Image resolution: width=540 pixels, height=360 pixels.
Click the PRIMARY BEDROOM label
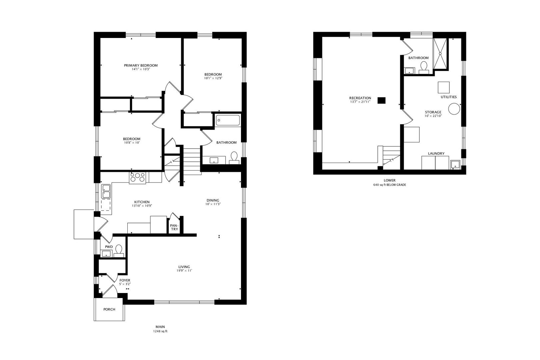[x=141, y=65]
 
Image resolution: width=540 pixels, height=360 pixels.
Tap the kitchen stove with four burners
[x=137, y=178]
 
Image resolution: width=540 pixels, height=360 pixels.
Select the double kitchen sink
[x=106, y=191]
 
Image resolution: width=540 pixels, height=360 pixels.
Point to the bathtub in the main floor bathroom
[x=228, y=120]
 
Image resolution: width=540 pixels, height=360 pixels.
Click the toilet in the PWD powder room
[x=119, y=251]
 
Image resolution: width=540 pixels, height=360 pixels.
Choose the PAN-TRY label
[x=174, y=227]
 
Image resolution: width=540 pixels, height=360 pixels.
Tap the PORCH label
[x=109, y=309]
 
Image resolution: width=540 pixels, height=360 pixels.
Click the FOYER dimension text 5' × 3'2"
[x=125, y=284]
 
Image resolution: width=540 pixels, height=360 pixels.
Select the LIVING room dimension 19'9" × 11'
[x=184, y=271]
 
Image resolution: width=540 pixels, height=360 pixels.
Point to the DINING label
[x=213, y=200]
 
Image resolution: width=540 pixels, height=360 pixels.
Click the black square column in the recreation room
[x=382, y=100]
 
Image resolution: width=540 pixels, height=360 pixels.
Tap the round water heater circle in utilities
[x=454, y=109]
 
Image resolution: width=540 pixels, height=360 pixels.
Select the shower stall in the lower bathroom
[x=440, y=54]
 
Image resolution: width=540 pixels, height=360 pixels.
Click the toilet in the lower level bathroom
[x=424, y=67]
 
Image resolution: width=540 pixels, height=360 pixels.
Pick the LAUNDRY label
[x=436, y=153]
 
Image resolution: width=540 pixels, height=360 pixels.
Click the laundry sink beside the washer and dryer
[x=455, y=165]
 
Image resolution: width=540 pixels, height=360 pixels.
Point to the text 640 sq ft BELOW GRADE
[x=390, y=185]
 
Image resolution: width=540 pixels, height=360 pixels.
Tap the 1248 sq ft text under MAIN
[x=160, y=331]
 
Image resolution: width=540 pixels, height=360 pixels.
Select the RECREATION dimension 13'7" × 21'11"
[x=360, y=102]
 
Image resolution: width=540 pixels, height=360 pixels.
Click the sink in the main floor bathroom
[x=214, y=160]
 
